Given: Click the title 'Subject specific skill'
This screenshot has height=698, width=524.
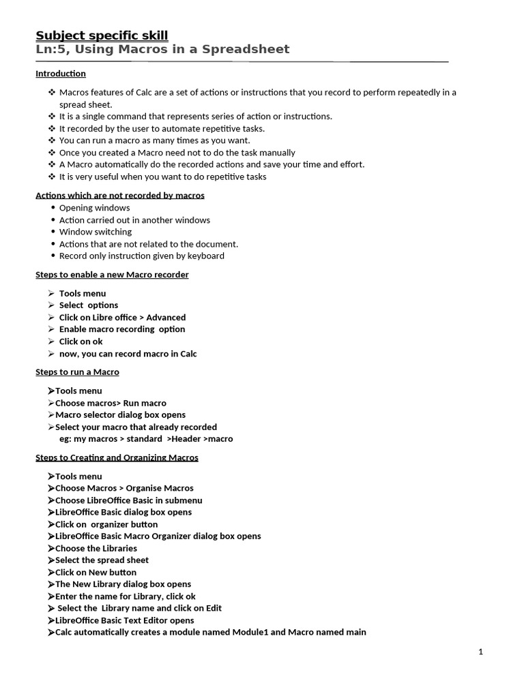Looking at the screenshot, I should coord(101,35).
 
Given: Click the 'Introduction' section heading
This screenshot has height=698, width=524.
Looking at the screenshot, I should coord(61,74).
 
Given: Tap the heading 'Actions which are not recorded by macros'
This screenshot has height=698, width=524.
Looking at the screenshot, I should coord(120,196).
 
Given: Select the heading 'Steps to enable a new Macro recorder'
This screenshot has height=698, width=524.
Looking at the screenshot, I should coord(112,275).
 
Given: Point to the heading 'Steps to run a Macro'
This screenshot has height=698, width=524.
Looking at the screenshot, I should coord(77,372).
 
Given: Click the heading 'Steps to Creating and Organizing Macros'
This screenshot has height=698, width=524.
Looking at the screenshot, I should coord(117,457).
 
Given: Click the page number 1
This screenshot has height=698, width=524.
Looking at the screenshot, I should coord(480,652).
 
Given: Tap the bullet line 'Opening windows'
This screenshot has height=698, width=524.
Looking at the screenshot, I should coord(94,208).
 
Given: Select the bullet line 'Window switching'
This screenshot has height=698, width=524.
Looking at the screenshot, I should coord(96,232).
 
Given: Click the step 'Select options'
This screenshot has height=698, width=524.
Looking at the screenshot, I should coord(89,305).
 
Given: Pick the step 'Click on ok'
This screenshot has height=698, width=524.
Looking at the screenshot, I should coord(81,342).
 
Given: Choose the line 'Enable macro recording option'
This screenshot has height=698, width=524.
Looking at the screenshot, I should coord(122,329).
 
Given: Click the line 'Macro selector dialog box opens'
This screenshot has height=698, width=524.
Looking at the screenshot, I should coord(120,414).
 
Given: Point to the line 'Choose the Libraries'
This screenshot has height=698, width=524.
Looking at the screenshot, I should coord(96,548).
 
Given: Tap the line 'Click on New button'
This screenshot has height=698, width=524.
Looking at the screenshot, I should coord(96,573).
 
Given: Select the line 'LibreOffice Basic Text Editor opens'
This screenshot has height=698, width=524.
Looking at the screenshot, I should coord(124,620).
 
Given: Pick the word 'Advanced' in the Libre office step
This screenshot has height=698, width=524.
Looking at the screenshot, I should coord(166,318).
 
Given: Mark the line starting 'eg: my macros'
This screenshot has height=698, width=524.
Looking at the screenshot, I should coord(146,439).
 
